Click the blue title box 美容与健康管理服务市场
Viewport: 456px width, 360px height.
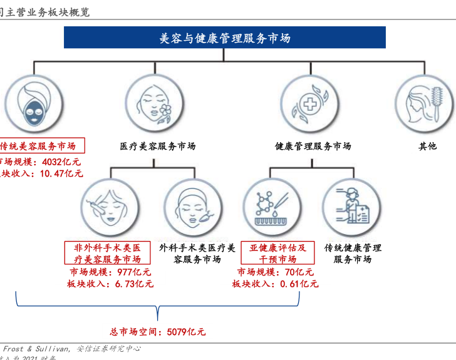point(224,38)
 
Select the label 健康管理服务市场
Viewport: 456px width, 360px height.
point(313,146)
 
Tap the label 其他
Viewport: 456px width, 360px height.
point(428,146)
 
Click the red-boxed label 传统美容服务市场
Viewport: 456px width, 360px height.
point(39,146)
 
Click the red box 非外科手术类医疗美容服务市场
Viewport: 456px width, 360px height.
point(107,253)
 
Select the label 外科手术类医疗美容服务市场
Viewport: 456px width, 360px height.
point(197,253)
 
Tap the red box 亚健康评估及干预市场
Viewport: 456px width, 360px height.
point(277,253)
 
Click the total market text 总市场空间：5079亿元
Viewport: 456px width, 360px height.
point(157,332)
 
